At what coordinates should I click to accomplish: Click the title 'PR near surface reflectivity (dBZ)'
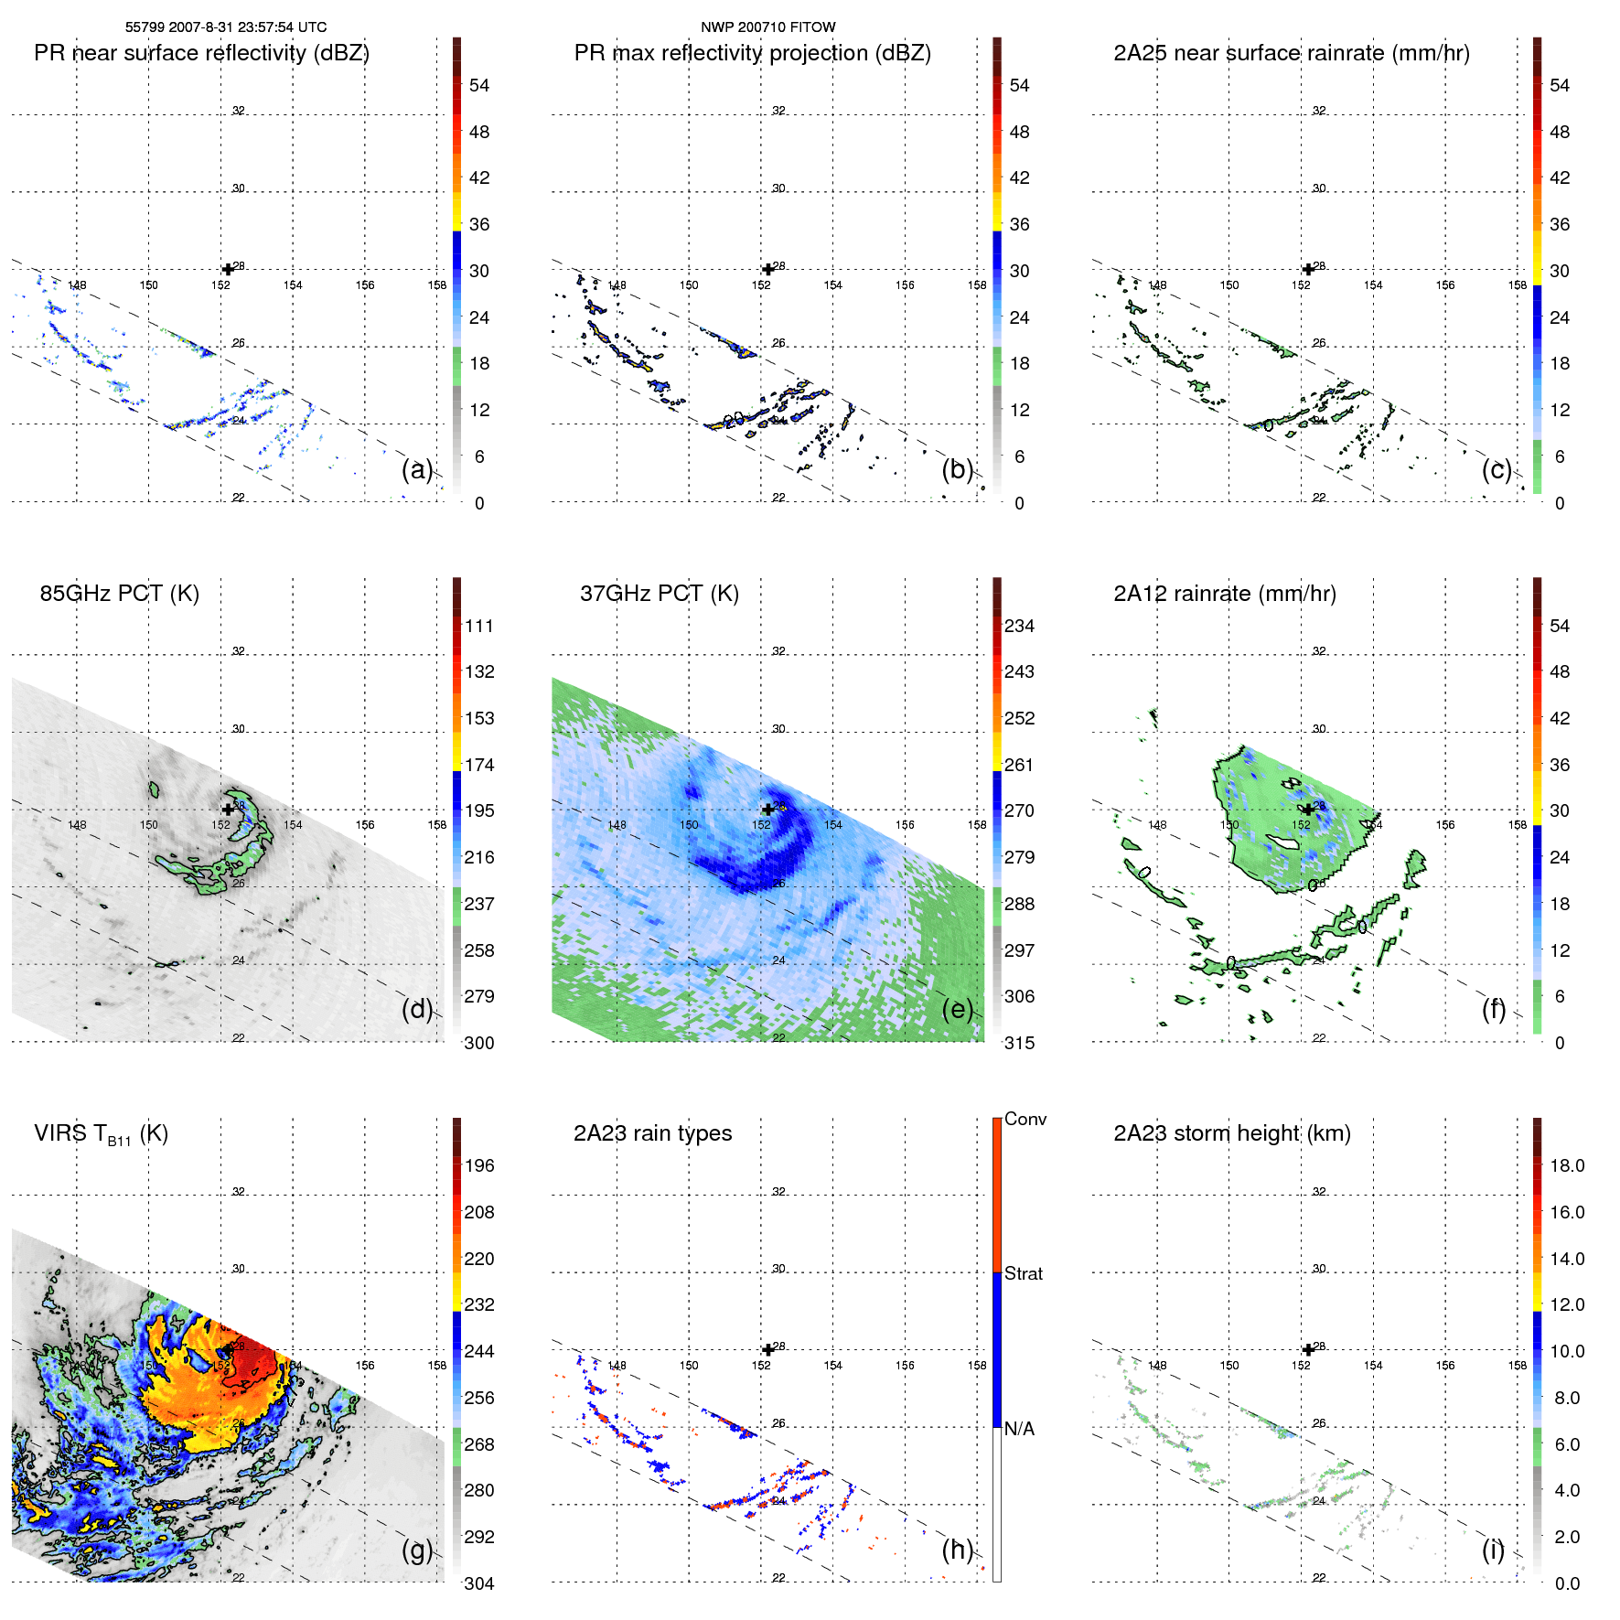coord(201,53)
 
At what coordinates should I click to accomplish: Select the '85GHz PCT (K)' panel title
coord(119,594)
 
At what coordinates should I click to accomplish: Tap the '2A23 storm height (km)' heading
coord(1231,1133)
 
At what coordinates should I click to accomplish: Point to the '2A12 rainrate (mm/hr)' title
coord(1224,594)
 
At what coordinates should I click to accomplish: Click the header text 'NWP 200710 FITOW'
coord(767,27)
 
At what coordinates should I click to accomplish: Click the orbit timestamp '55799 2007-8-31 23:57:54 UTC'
coord(226,27)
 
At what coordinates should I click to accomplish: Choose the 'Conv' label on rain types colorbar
coord(1025,1119)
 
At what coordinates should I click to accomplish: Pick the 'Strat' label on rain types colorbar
coord(1023,1273)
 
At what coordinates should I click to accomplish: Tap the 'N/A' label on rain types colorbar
coord(1019,1429)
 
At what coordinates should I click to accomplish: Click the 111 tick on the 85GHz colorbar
coord(478,626)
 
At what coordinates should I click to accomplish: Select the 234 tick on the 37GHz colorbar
coord(1019,626)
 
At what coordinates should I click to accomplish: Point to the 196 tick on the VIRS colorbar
coord(478,1165)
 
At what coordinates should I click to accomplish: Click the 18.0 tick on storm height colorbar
coord(1566,1165)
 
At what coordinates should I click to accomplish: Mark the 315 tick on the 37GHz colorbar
coord(1019,1043)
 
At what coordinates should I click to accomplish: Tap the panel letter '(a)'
coord(416,469)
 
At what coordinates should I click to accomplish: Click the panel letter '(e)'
coord(957,1009)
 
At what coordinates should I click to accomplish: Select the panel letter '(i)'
coord(1493,1550)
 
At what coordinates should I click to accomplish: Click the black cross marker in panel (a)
coord(228,269)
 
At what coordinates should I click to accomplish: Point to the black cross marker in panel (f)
coord(1308,810)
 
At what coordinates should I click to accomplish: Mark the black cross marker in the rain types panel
coord(767,1349)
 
